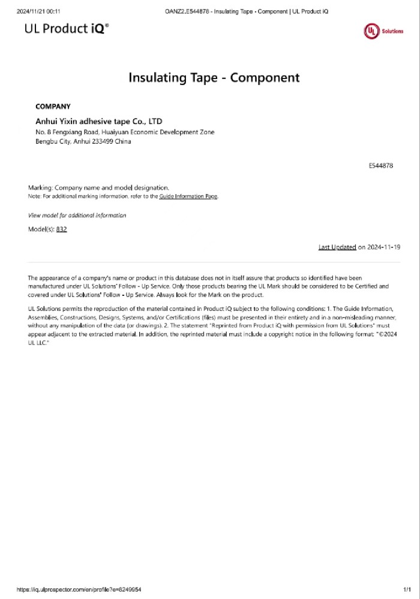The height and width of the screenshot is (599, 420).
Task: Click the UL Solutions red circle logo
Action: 371,31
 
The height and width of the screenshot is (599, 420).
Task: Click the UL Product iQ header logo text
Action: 67,28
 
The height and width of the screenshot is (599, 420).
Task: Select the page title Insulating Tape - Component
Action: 214,77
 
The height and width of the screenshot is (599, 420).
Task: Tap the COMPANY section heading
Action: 53,107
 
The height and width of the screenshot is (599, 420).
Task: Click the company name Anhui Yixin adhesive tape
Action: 99,121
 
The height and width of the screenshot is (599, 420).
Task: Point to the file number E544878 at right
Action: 381,165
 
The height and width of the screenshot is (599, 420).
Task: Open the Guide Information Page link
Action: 188,196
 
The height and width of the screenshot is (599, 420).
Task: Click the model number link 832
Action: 61,229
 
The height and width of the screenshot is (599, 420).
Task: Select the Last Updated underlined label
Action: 337,247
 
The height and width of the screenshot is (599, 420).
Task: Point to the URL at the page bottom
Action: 79,589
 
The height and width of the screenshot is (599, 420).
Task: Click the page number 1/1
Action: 407,589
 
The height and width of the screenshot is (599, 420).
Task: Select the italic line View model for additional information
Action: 77,215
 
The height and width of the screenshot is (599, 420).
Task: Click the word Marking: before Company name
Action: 41,187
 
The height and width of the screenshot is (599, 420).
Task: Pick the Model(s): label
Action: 41,229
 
